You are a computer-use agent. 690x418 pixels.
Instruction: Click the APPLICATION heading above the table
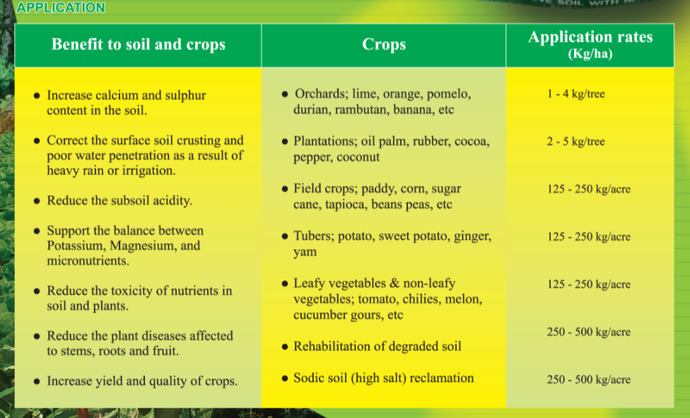click(61, 8)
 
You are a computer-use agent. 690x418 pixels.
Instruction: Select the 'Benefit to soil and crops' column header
click(138, 44)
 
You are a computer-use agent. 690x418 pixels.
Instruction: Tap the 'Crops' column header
click(384, 44)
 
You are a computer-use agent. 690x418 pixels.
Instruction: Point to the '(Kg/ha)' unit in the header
click(590, 54)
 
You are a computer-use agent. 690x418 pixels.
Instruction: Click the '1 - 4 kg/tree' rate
click(576, 94)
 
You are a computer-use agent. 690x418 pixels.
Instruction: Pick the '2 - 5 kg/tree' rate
click(576, 141)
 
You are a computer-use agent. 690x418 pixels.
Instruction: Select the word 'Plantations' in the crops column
click(324, 141)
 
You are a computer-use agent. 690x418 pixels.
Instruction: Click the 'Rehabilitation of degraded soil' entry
click(378, 347)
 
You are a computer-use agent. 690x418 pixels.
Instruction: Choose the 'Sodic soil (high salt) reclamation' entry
click(384, 378)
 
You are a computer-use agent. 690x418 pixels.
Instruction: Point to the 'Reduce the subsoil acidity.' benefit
click(119, 201)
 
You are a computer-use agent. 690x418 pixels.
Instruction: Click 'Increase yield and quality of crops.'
click(142, 381)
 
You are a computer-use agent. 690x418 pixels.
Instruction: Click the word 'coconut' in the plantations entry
click(358, 157)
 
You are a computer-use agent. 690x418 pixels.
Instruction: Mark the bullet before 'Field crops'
click(285, 189)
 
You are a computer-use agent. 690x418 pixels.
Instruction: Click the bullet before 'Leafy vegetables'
click(285, 284)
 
